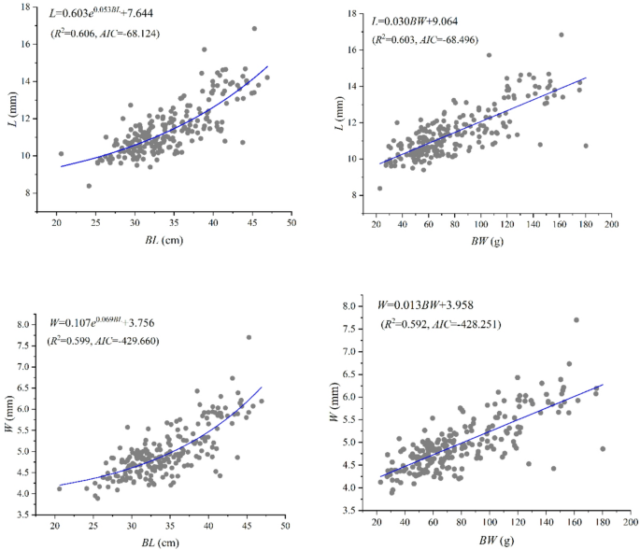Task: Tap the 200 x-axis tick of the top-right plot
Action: (611, 225)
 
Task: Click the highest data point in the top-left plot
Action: (254, 28)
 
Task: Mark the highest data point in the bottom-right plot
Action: (576, 319)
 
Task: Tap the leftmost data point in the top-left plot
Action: (61, 154)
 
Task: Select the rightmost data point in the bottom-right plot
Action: (603, 448)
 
